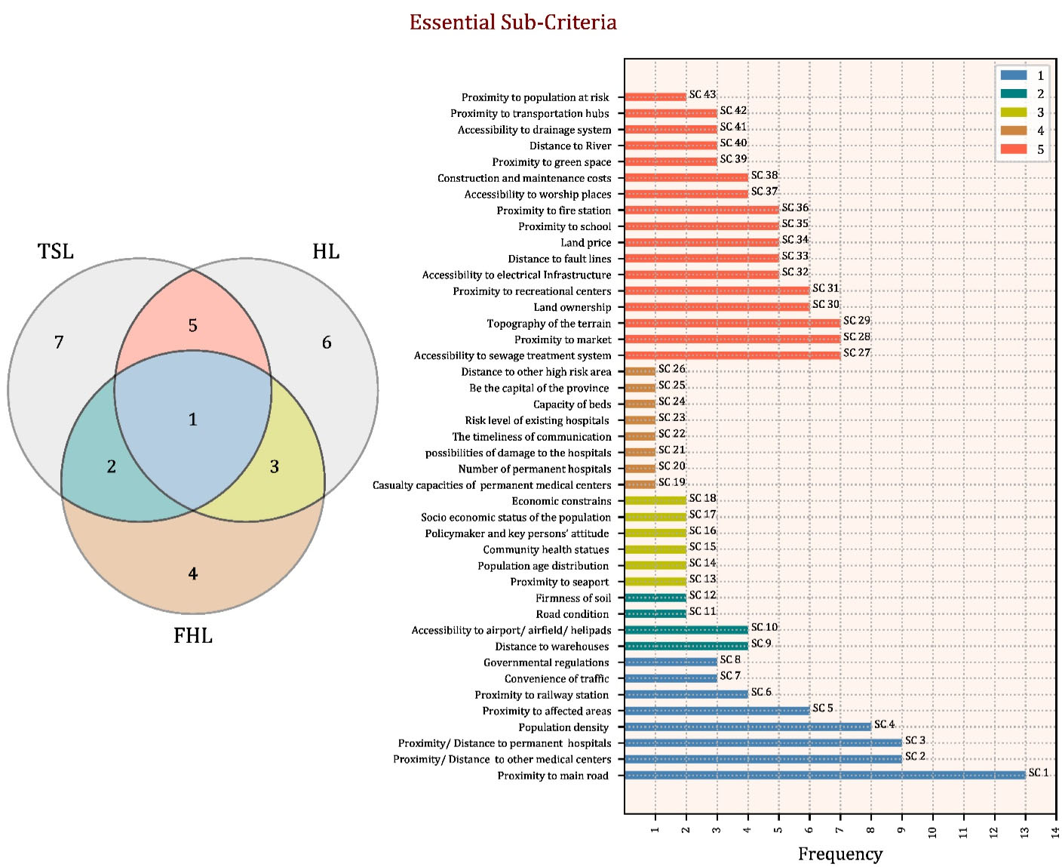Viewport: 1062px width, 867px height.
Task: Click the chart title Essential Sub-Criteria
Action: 513,23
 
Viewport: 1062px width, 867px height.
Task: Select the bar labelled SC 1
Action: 824,775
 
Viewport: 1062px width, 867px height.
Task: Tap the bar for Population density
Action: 747,727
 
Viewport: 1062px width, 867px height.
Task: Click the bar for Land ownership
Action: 717,306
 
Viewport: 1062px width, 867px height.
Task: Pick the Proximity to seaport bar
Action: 655,581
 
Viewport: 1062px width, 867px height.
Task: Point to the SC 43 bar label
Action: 702,94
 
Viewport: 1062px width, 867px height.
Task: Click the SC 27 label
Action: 857,352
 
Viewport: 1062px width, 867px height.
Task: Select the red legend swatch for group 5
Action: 1013,149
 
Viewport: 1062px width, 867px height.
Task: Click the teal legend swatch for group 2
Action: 1013,94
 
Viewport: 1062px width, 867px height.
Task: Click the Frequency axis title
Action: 840,854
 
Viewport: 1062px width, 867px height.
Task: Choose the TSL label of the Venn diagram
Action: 56,251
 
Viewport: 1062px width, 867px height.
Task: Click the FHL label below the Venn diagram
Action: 193,636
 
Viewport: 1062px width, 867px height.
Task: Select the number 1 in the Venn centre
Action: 193,420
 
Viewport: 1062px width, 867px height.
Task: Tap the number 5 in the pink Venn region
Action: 193,325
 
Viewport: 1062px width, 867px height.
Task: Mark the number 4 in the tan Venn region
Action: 193,574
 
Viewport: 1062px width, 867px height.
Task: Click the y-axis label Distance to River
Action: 570,146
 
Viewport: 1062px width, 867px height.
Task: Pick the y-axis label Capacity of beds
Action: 572,404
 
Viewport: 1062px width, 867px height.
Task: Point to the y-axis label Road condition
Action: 572,614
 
